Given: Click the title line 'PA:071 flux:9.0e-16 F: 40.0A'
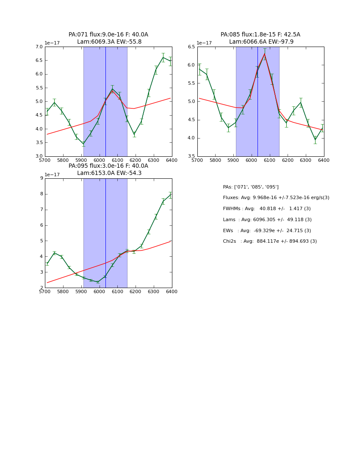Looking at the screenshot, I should [108, 35].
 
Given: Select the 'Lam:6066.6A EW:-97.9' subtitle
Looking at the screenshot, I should [261, 42].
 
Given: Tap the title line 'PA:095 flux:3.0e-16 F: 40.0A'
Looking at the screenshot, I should [108, 166].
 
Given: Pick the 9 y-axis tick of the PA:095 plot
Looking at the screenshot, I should [42, 178].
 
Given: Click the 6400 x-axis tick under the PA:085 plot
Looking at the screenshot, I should [324, 161].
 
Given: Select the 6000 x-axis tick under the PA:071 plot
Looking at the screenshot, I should [99, 161].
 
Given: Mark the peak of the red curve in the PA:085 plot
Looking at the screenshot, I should [265, 53].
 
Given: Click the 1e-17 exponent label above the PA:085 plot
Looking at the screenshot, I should [205, 43].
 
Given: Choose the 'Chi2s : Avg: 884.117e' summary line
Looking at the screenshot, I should [269, 241].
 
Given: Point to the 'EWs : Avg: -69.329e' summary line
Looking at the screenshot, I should [266, 231].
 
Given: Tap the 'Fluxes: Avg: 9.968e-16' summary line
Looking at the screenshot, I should [276, 198].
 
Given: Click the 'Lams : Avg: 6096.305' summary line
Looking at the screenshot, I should [267, 220].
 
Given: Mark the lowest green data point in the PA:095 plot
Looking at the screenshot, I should [98, 282].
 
